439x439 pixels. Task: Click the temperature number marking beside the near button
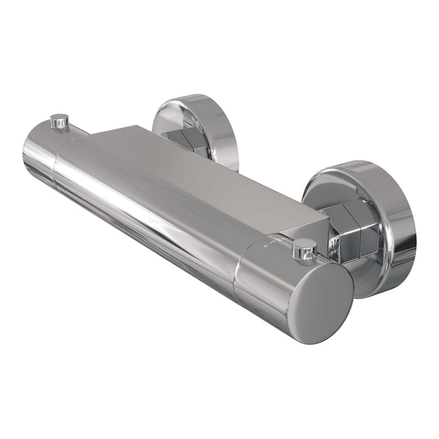[x=282, y=239]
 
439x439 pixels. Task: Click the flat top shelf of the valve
[x=207, y=169]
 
